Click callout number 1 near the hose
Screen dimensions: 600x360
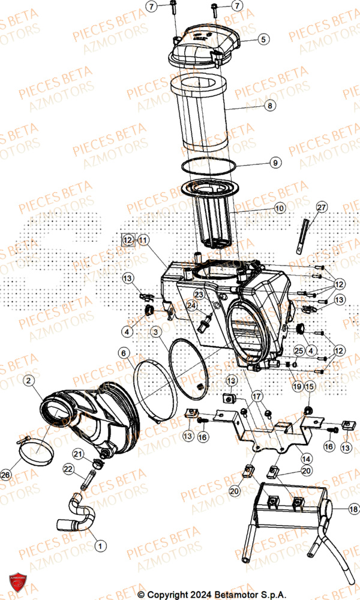pos(100,545)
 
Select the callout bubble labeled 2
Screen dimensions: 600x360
pos(29,380)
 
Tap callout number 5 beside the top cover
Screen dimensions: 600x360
pos(263,40)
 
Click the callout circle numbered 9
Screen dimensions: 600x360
pos(274,163)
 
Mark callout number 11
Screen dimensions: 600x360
pos(142,239)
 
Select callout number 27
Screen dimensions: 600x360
pos(322,208)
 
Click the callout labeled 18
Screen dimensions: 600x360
pos(352,511)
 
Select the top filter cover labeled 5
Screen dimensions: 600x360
pos(204,41)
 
